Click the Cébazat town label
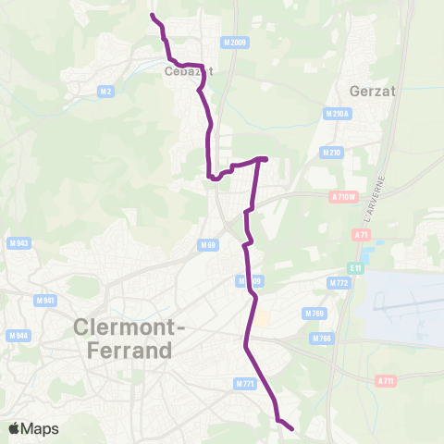click(182, 71)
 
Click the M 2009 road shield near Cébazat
click(235, 43)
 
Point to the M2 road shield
click(105, 91)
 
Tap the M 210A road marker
click(336, 113)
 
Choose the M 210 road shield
click(330, 152)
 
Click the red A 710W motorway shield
click(342, 196)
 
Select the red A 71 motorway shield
click(361, 235)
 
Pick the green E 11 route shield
click(355, 268)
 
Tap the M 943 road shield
click(18, 243)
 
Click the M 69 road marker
click(207, 245)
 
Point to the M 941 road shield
click(43, 301)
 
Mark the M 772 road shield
click(338, 282)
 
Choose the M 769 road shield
click(317, 314)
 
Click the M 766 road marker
click(321, 339)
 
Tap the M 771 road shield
click(244, 383)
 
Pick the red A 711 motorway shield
click(386, 380)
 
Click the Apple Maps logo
click(33, 428)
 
